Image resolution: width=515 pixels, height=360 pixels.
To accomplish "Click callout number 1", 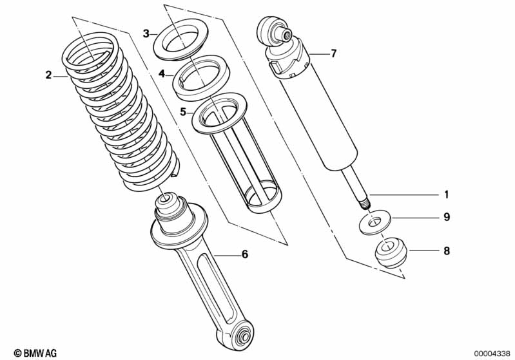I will [445, 194].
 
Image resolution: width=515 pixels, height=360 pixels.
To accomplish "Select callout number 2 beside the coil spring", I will [48, 75].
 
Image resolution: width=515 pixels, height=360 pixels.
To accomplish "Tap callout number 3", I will [146, 33].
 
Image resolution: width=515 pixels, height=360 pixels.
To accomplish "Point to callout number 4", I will [162, 75].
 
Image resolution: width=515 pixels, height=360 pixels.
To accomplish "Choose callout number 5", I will [183, 112].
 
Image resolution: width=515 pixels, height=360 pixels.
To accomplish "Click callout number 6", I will [244, 254].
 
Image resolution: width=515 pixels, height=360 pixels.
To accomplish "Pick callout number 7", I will [333, 53].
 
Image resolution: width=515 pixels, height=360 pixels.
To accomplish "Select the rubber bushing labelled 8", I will [390, 252].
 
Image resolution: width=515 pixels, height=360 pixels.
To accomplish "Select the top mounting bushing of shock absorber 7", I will [275, 30].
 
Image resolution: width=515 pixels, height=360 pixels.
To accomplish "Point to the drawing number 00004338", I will [492, 353].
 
